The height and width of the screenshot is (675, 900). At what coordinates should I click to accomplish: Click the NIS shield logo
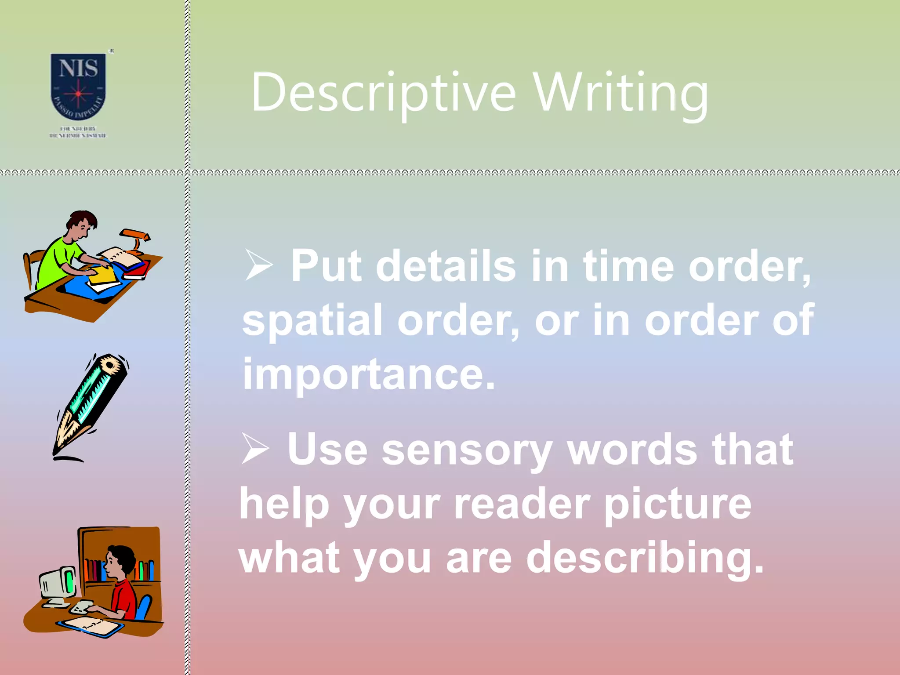tap(78, 86)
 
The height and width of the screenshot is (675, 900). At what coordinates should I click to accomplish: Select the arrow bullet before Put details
tap(259, 265)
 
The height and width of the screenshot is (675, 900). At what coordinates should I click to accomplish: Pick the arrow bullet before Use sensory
tap(255, 448)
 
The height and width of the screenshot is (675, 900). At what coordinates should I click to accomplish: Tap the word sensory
tap(466, 450)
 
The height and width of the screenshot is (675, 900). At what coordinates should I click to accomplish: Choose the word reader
tap(522, 504)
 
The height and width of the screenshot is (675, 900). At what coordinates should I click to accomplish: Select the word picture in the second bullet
tap(677, 504)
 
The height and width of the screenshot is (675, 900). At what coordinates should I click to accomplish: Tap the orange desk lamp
tap(136, 237)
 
